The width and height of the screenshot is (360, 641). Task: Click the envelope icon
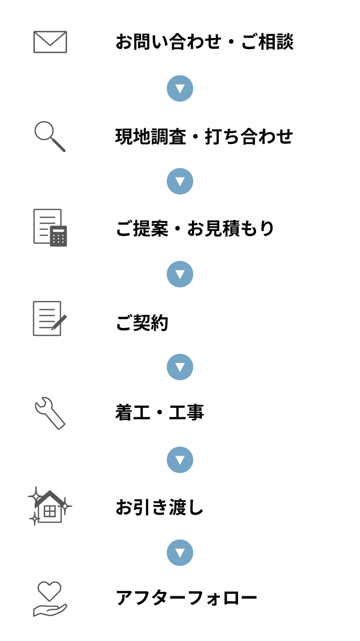[x=50, y=42]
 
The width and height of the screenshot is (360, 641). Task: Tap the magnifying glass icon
[x=50, y=137]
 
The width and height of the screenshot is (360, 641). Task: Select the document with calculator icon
[x=50, y=228]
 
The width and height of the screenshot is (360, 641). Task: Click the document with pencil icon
[x=50, y=318]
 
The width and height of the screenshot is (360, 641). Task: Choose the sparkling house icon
[x=50, y=506]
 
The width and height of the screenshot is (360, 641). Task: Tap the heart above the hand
[x=50, y=591]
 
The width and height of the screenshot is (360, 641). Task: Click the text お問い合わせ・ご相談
[x=204, y=42]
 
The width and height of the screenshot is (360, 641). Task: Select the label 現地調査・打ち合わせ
[x=204, y=136]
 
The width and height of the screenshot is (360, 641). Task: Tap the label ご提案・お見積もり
[x=195, y=229]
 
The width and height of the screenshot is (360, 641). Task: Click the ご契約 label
[x=142, y=322]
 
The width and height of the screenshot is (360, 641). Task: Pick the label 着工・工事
[x=160, y=412]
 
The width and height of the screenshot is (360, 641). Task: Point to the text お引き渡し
[x=159, y=507]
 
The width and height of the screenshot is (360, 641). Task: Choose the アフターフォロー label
[x=186, y=598]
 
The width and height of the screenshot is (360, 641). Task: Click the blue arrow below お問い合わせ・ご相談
[x=180, y=88]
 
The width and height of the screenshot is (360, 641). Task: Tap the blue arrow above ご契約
[x=180, y=274]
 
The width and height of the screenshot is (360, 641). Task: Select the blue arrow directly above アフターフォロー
[x=180, y=553]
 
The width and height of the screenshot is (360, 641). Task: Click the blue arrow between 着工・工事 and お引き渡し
[x=180, y=460]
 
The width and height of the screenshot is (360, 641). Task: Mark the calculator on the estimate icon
[x=59, y=236]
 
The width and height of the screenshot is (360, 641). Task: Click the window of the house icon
[x=50, y=511]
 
